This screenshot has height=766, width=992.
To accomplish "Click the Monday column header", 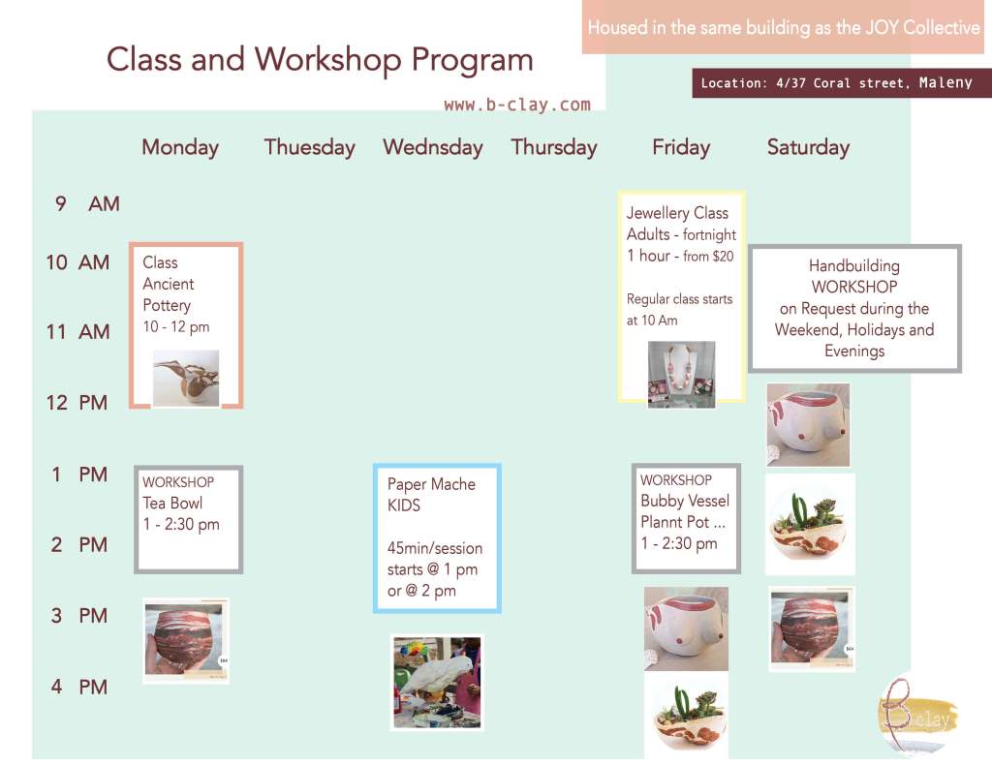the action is pos(180,147).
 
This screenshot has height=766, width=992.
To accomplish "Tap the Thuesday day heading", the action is pos(309,147).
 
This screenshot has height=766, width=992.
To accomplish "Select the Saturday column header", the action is pos(808,147).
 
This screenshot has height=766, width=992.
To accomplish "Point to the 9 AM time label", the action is pos(87,203).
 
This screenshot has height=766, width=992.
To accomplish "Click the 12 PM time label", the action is pos(77,402).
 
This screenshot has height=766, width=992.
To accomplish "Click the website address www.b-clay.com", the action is pos(517,105).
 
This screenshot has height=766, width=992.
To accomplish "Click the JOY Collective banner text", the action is pos(783,28).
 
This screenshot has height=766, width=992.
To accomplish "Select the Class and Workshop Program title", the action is pos(320,60).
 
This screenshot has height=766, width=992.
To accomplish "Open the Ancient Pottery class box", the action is pos(186,325).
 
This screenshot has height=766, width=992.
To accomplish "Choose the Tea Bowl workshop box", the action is pos(189,519).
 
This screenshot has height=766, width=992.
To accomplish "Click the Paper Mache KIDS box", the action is pos(437,538).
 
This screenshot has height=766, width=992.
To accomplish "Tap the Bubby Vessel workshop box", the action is pos(687,518).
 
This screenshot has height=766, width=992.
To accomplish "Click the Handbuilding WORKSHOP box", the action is pos(854,308).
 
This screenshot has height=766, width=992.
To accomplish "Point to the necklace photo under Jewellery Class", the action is pos(681,375).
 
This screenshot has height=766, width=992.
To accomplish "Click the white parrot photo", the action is pos(437,683).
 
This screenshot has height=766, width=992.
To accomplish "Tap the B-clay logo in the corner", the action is pos(917,715).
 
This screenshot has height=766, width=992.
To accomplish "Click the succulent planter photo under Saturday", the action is pos(810,524).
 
